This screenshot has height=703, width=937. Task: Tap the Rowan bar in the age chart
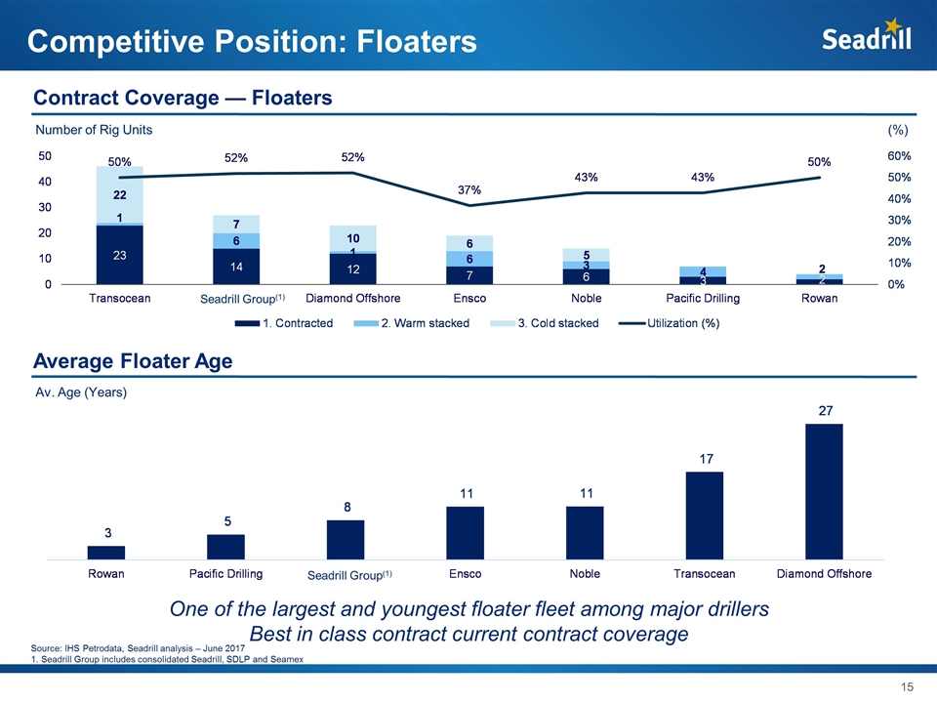106,553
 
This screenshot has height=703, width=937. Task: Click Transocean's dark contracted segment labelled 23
119,255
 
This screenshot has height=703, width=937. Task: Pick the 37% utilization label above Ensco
469,189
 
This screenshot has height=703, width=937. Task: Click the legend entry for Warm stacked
417,323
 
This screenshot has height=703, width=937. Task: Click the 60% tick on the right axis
900,156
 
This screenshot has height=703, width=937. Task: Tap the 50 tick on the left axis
46,156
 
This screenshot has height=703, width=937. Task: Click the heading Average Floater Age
133,362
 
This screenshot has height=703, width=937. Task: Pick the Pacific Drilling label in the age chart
225,573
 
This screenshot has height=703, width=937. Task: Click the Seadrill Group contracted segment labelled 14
236,267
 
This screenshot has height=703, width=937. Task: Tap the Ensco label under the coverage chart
470,299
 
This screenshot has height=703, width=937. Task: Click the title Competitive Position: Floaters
252,42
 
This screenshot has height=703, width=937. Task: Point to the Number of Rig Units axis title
94,130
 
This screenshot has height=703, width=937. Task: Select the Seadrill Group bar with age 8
346,540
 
